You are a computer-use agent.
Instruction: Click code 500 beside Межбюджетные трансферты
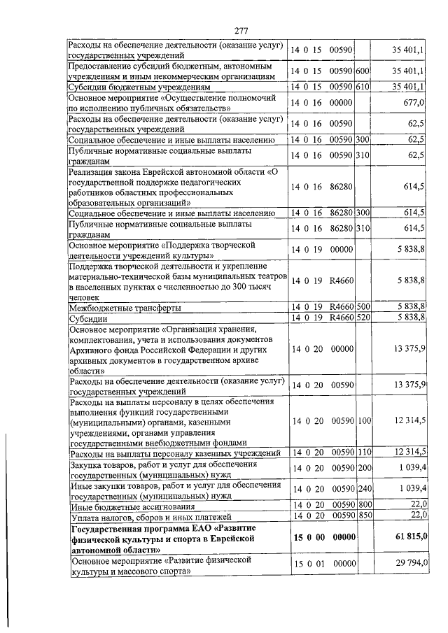click(363, 306)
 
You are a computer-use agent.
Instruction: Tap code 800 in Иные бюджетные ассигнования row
click(363, 504)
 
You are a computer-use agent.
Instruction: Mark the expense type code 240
click(363, 487)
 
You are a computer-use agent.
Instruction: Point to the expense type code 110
click(363, 455)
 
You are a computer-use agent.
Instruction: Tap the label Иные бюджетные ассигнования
click(130, 505)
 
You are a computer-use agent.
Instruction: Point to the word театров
click(267, 276)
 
